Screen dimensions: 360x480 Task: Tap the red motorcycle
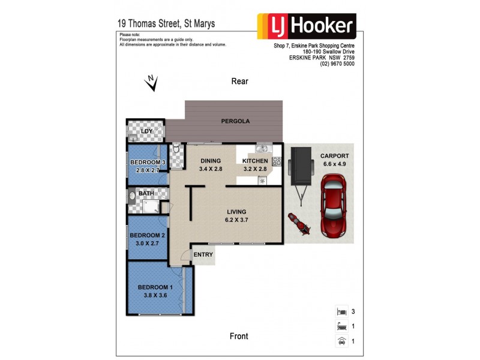(298, 223)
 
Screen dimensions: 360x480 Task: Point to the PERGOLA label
(235, 121)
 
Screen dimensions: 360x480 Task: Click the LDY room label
(146, 131)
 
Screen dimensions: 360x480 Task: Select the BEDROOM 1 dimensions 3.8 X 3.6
(155, 295)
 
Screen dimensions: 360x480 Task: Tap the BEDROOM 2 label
(148, 235)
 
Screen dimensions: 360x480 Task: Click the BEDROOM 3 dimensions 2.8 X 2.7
(148, 170)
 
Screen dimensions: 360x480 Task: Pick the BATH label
(146, 194)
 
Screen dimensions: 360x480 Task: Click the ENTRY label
(203, 255)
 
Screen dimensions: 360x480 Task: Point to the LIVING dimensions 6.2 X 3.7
(236, 220)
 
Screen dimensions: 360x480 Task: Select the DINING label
(211, 161)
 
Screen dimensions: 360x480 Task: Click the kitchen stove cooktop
(277, 161)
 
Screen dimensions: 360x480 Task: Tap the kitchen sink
(262, 148)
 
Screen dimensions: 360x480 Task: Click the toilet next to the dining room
(174, 149)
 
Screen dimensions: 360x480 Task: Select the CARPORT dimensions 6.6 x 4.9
(335, 164)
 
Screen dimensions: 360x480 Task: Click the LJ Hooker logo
(307, 26)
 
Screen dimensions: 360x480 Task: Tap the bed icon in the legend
(340, 312)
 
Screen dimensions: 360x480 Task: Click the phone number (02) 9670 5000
(337, 64)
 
